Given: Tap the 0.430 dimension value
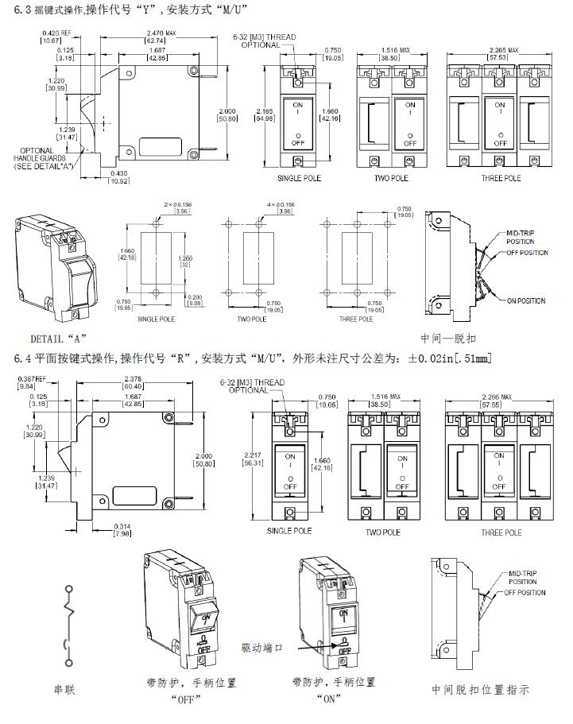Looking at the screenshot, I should (118, 174).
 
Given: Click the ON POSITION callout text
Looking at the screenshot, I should (527, 300).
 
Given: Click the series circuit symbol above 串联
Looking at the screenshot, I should (70, 625).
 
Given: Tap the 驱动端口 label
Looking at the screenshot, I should (260, 648).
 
